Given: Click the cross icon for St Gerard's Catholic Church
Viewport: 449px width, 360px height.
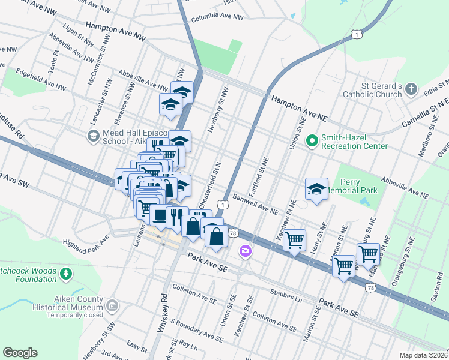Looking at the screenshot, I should click(x=411, y=89).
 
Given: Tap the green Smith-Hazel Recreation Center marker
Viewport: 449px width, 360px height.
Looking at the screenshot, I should click(x=312, y=142).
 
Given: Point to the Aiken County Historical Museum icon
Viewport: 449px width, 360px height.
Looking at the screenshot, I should click(x=111, y=307).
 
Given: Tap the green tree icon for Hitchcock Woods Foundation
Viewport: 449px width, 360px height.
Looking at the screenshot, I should click(x=66, y=274).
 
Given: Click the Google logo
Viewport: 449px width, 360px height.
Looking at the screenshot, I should click(x=20, y=353).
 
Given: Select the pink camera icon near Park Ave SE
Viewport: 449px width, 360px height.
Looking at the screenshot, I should click(x=245, y=251).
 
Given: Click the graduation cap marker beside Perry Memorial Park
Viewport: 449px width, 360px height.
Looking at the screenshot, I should click(x=316, y=189).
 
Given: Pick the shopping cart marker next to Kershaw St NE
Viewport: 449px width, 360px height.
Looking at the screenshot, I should click(x=294, y=241).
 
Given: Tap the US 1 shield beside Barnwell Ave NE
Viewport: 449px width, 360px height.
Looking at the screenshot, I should click(x=223, y=205).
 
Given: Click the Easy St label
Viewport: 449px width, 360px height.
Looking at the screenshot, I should click(x=137, y=346).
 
